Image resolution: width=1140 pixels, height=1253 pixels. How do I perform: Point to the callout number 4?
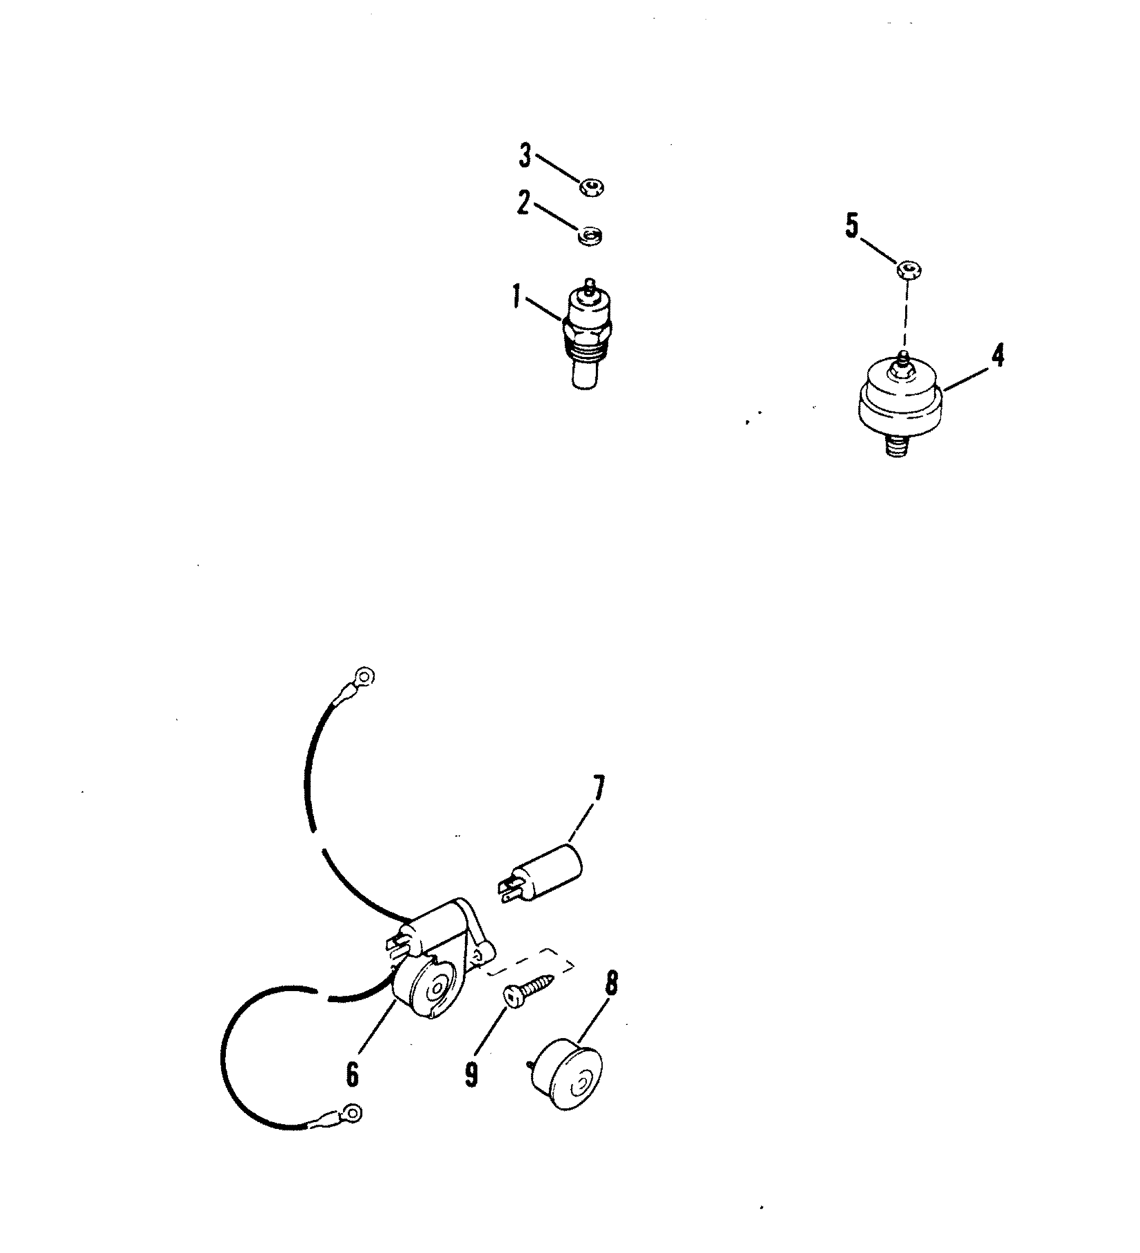click(x=996, y=355)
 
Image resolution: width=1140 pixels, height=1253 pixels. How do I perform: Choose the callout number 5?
click(x=852, y=226)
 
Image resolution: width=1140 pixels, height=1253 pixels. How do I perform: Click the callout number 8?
click(x=611, y=983)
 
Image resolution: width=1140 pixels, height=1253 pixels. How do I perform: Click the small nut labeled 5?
click(x=909, y=270)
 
